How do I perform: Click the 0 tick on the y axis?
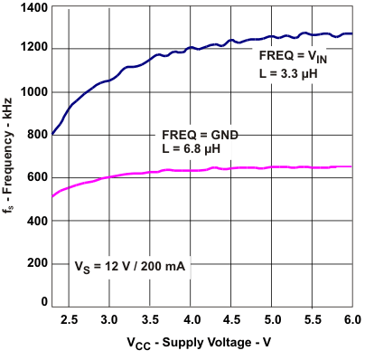click(42, 302)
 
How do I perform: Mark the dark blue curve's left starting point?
click(52, 134)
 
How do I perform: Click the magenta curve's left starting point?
click(52, 196)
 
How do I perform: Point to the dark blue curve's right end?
click(351, 33)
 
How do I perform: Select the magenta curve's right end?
click(351, 166)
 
